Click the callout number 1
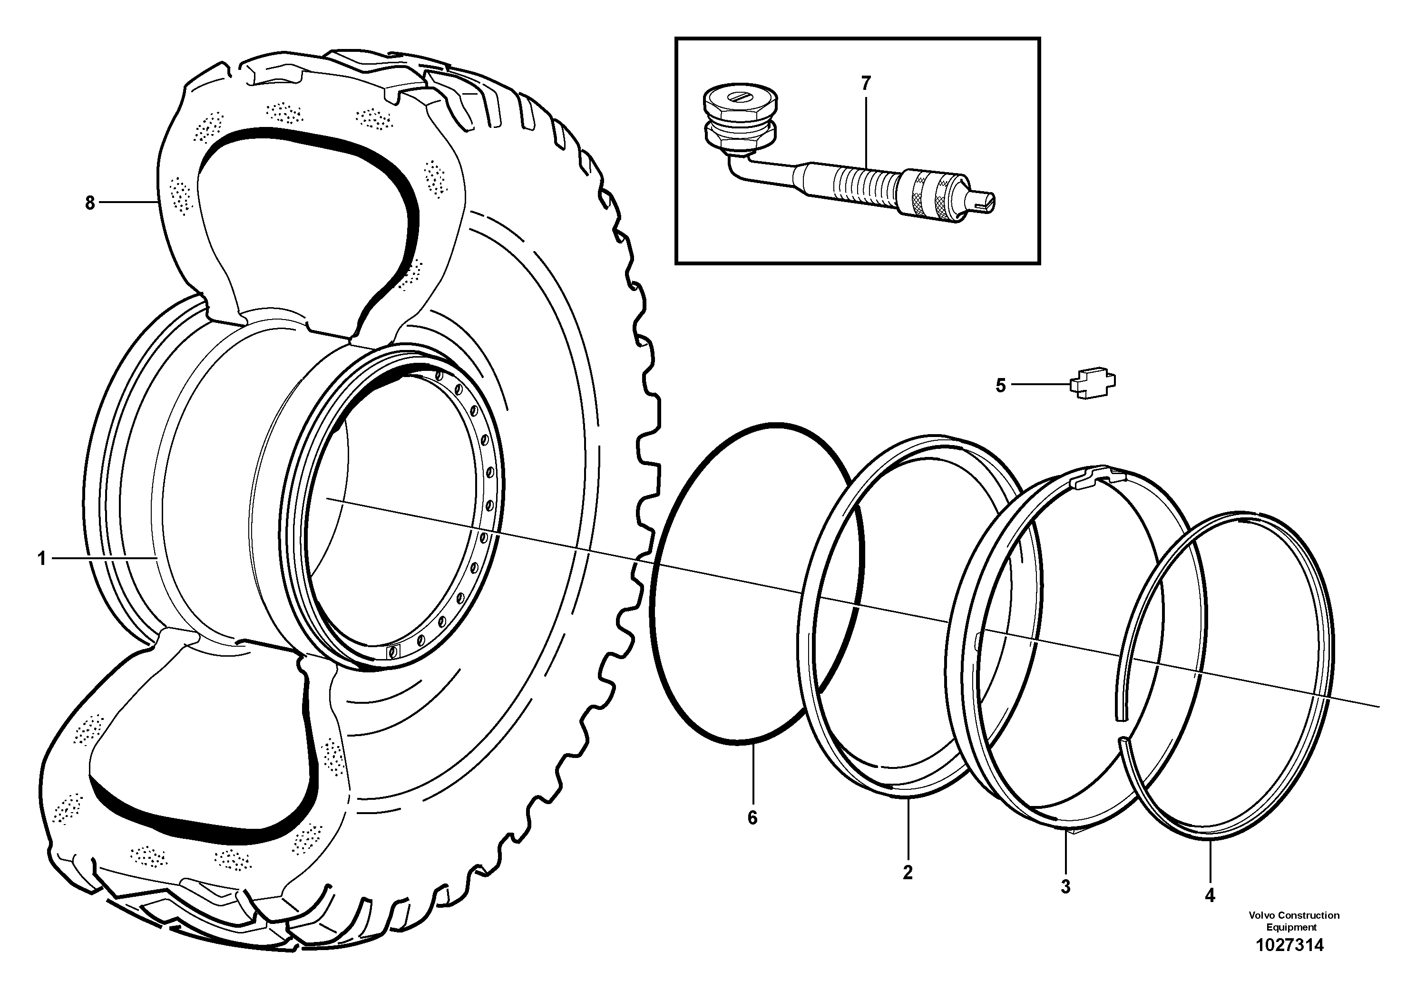tap(42, 559)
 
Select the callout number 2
tap(907, 873)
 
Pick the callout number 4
tap(1210, 896)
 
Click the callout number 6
tap(752, 818)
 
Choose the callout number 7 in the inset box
tap(865, 84)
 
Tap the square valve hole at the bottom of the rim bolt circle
tap(392, 651)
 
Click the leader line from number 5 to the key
tap(1040, 385)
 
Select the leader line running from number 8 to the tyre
tap(127, 202)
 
